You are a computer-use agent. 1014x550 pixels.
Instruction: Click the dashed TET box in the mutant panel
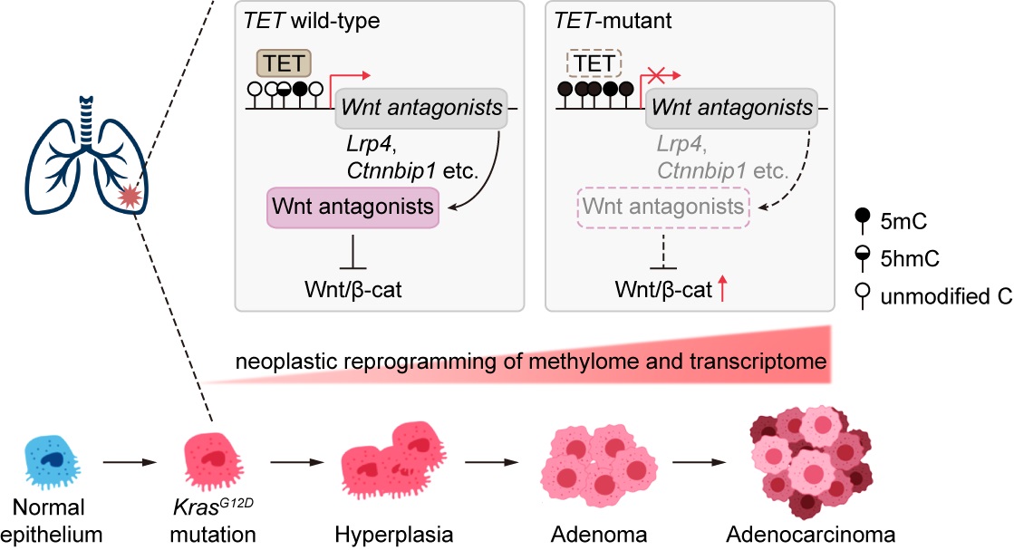point(594,64)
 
